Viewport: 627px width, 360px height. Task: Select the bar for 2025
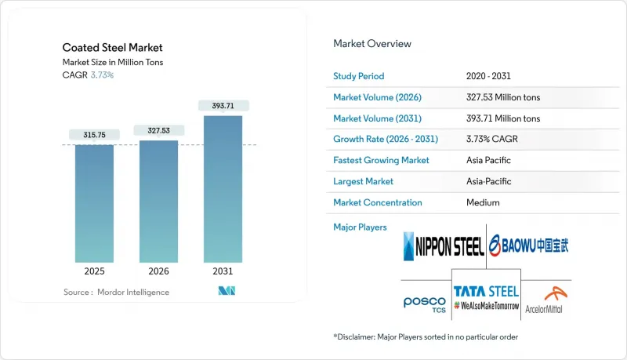coord(94,204)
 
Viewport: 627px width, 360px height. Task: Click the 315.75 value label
coord(94,135)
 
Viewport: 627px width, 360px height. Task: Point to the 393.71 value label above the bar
coord(223,105)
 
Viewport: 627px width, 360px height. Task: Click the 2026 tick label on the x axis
coord(158,271)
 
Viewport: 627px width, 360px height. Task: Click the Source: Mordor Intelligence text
coord(116,292)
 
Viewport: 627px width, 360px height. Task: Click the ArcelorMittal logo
coord(544,300)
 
